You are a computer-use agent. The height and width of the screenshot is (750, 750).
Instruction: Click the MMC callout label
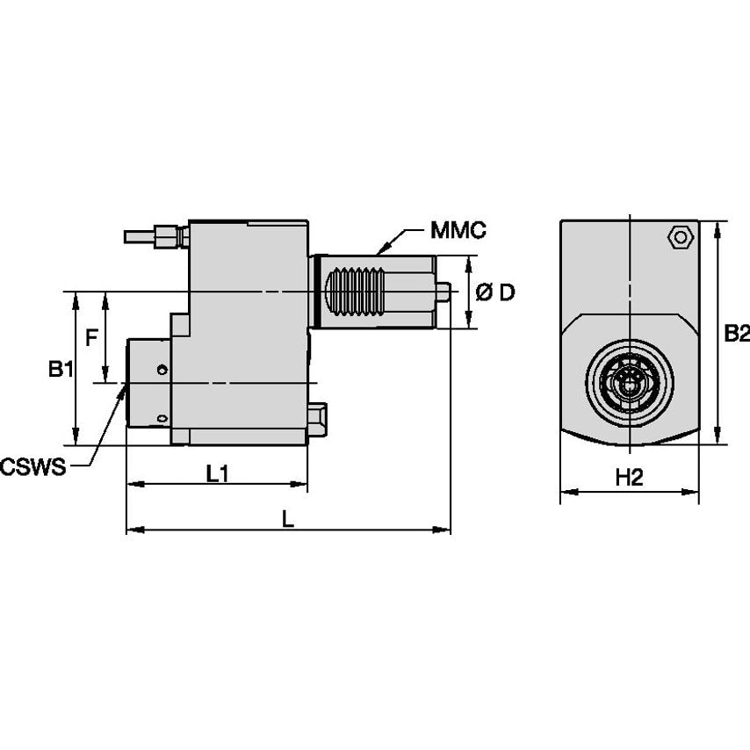tap(458, 231)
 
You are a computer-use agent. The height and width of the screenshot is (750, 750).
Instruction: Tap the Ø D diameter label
tap(495, 293)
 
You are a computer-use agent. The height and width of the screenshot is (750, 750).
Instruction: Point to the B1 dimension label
tap(60, 370)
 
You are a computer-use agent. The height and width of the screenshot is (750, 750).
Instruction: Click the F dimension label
tap(90, 336)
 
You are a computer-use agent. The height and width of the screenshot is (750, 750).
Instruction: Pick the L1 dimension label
tap(218, 473)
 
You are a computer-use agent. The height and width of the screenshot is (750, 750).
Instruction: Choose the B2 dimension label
tap(735, 333)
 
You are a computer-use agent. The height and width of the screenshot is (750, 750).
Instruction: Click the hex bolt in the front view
tap(677, 237)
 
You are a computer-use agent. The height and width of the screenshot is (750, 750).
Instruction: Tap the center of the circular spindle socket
tap(629, 382)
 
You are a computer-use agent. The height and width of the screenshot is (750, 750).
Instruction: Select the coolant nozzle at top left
tap(155, 235)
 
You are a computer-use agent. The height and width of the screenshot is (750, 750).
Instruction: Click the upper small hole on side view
tap(162, 370)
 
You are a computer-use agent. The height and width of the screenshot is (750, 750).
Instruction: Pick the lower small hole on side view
tap(162, 418)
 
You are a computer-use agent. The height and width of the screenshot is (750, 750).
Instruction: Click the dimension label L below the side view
tap(287, 519)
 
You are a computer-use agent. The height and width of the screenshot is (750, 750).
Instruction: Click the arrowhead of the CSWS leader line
tap(122, 387)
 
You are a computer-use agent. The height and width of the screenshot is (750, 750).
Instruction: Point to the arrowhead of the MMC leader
tap(378, 253)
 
